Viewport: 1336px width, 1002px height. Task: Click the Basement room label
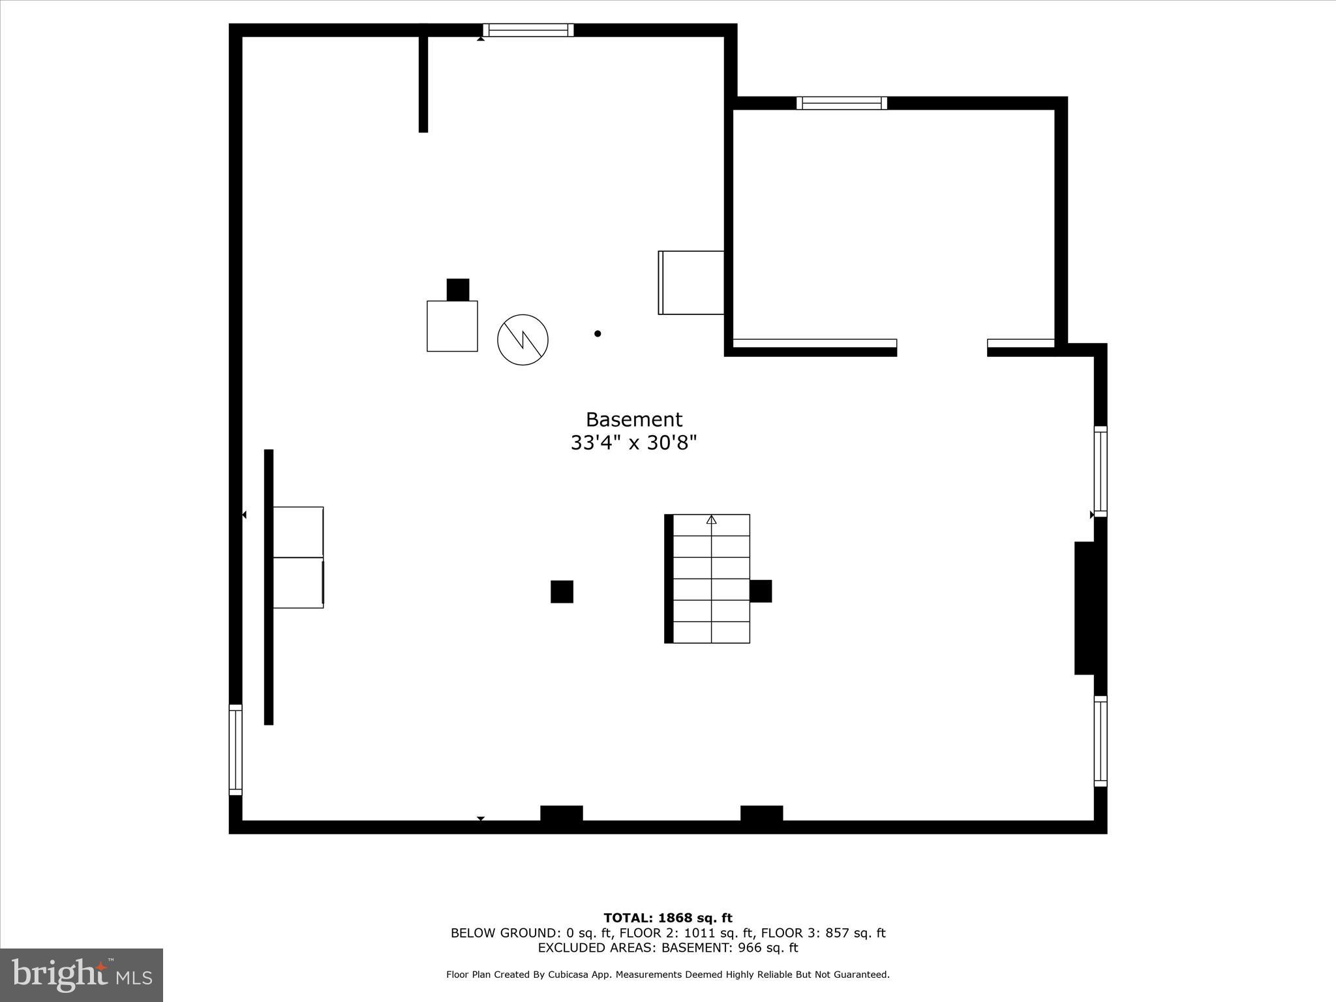(x=633, y=419)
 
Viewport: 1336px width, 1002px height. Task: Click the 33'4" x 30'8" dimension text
(x=633, y=444)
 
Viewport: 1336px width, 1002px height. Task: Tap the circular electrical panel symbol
(x=523, y=339)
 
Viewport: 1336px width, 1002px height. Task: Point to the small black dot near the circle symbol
(x=598, y=333)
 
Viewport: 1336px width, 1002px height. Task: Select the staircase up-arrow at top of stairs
(x=712, y=520)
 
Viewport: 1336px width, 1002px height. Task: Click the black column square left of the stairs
(x=562, y=592)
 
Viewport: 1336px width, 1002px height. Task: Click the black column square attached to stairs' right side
(x=761, y=591)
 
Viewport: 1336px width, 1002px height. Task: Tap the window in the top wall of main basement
(x=528, y=30)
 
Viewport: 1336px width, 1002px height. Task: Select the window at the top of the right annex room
(x=842, y=103)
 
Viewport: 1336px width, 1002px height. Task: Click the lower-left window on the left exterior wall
(x=235, y=750)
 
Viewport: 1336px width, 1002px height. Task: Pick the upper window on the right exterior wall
(x=1101, y=472)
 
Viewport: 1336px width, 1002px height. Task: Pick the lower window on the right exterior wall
(x=1101, y=741)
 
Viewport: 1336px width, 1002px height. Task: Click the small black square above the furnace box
(x=457, y=290)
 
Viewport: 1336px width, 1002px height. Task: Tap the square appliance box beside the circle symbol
(x=452, y=326)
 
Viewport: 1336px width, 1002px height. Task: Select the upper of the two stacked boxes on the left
(x=298, y=532)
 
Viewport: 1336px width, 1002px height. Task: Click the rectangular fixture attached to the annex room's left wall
(x=691, y=282)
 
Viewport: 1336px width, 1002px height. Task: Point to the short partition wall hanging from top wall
(x=423, y=82)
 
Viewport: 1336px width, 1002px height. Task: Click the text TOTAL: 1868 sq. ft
(x=668, y=918)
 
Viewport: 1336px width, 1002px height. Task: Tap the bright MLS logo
(x=82, y=975)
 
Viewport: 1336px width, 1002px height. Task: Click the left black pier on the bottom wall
(x=561, y=813)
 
